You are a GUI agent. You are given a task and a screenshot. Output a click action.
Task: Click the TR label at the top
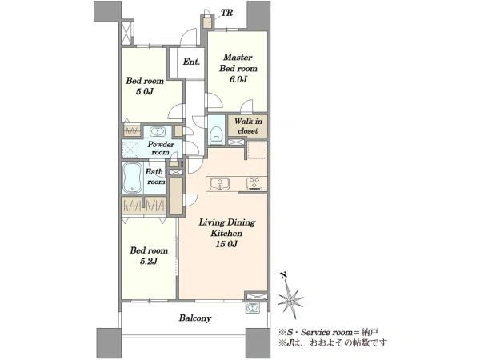(x=227, y=13)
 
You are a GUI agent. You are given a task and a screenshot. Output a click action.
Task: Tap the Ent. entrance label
(x=191, y=62)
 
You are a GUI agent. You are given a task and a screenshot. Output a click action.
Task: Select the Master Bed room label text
(x=238, y=62)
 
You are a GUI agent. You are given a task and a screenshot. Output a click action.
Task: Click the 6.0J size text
(x=238, y=79)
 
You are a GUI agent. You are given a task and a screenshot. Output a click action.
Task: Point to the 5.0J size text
(x=145, y=91)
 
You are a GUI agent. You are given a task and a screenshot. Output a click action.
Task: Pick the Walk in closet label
(x=248, y=126)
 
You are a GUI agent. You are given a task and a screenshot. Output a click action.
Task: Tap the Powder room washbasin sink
(x=158, y=132)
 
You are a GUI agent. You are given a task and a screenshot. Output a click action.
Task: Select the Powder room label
(x=161, y=148)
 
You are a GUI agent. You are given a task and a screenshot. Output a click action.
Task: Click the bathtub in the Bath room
(x=132, y=178)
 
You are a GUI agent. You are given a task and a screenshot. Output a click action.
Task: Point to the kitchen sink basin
(x=219, y=184)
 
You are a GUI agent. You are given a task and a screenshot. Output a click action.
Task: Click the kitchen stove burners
(x=254, y=184)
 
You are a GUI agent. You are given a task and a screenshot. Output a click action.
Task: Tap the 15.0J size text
(x=226, y=244)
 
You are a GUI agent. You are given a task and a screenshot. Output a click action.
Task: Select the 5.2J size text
(x=149, y=261)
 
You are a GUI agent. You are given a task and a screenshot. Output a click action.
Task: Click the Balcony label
(x=195, y=318)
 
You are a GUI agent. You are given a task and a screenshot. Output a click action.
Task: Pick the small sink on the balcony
(x=253, y=308)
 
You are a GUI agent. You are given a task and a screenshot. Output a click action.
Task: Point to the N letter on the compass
(x=284, y=275)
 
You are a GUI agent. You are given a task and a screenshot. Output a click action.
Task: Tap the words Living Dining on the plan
(x=227, y=222)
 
